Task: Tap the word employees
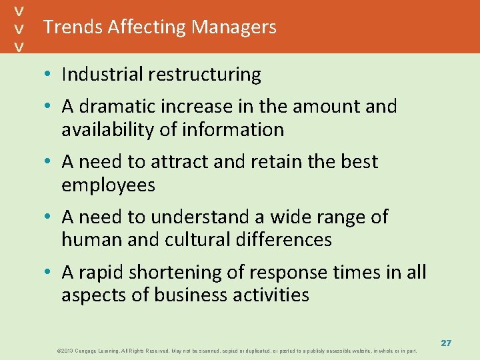pyautogui.click(x=108, y=185)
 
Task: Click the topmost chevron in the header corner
pyautogui.click(x=20, y=11)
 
